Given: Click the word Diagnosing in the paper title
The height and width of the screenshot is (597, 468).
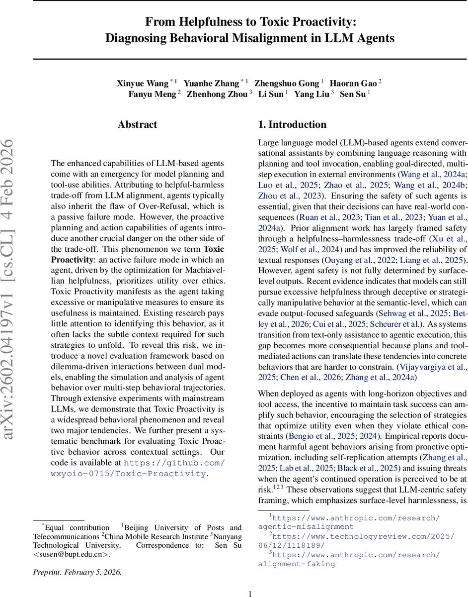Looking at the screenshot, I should point(140,38).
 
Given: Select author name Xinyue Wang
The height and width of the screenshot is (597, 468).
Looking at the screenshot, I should point(142,83).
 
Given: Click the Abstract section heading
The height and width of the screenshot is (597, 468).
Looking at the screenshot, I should point(137,125).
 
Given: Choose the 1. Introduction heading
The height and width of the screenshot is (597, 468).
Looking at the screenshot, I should point(292,125).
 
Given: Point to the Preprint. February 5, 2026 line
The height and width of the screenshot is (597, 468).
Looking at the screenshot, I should point(77,572).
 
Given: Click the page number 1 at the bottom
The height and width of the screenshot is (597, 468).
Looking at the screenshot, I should point(250,593).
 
